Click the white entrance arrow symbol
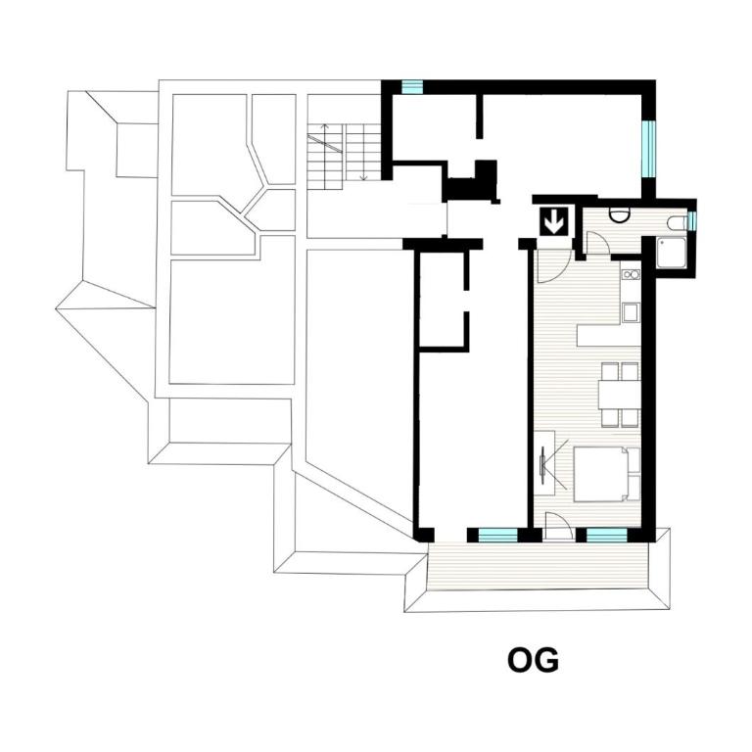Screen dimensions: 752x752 (x=555, y=221)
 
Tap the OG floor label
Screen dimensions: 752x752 (x=533, y=660)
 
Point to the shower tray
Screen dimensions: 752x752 (x=672, y=253)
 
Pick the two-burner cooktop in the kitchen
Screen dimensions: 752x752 (x=631, y=274)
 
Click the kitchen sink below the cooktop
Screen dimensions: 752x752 (x=631, y=312)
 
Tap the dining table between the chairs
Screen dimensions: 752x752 (x=619, y=395)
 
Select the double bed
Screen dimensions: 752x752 (x=607, y=475)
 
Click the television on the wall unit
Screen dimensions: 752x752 (x=542, y=462)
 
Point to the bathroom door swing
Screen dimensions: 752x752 (x=597, y=243)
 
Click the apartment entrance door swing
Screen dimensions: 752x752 (x=553, y=265)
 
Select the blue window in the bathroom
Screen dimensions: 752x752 (x=690, y=220)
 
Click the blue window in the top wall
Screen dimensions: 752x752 (x=412, y=87)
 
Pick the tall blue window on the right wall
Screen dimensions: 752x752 (x=648, y=149)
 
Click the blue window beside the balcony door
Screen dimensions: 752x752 (x=607, y=536)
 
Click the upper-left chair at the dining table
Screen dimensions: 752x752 (x=610, y=372)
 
